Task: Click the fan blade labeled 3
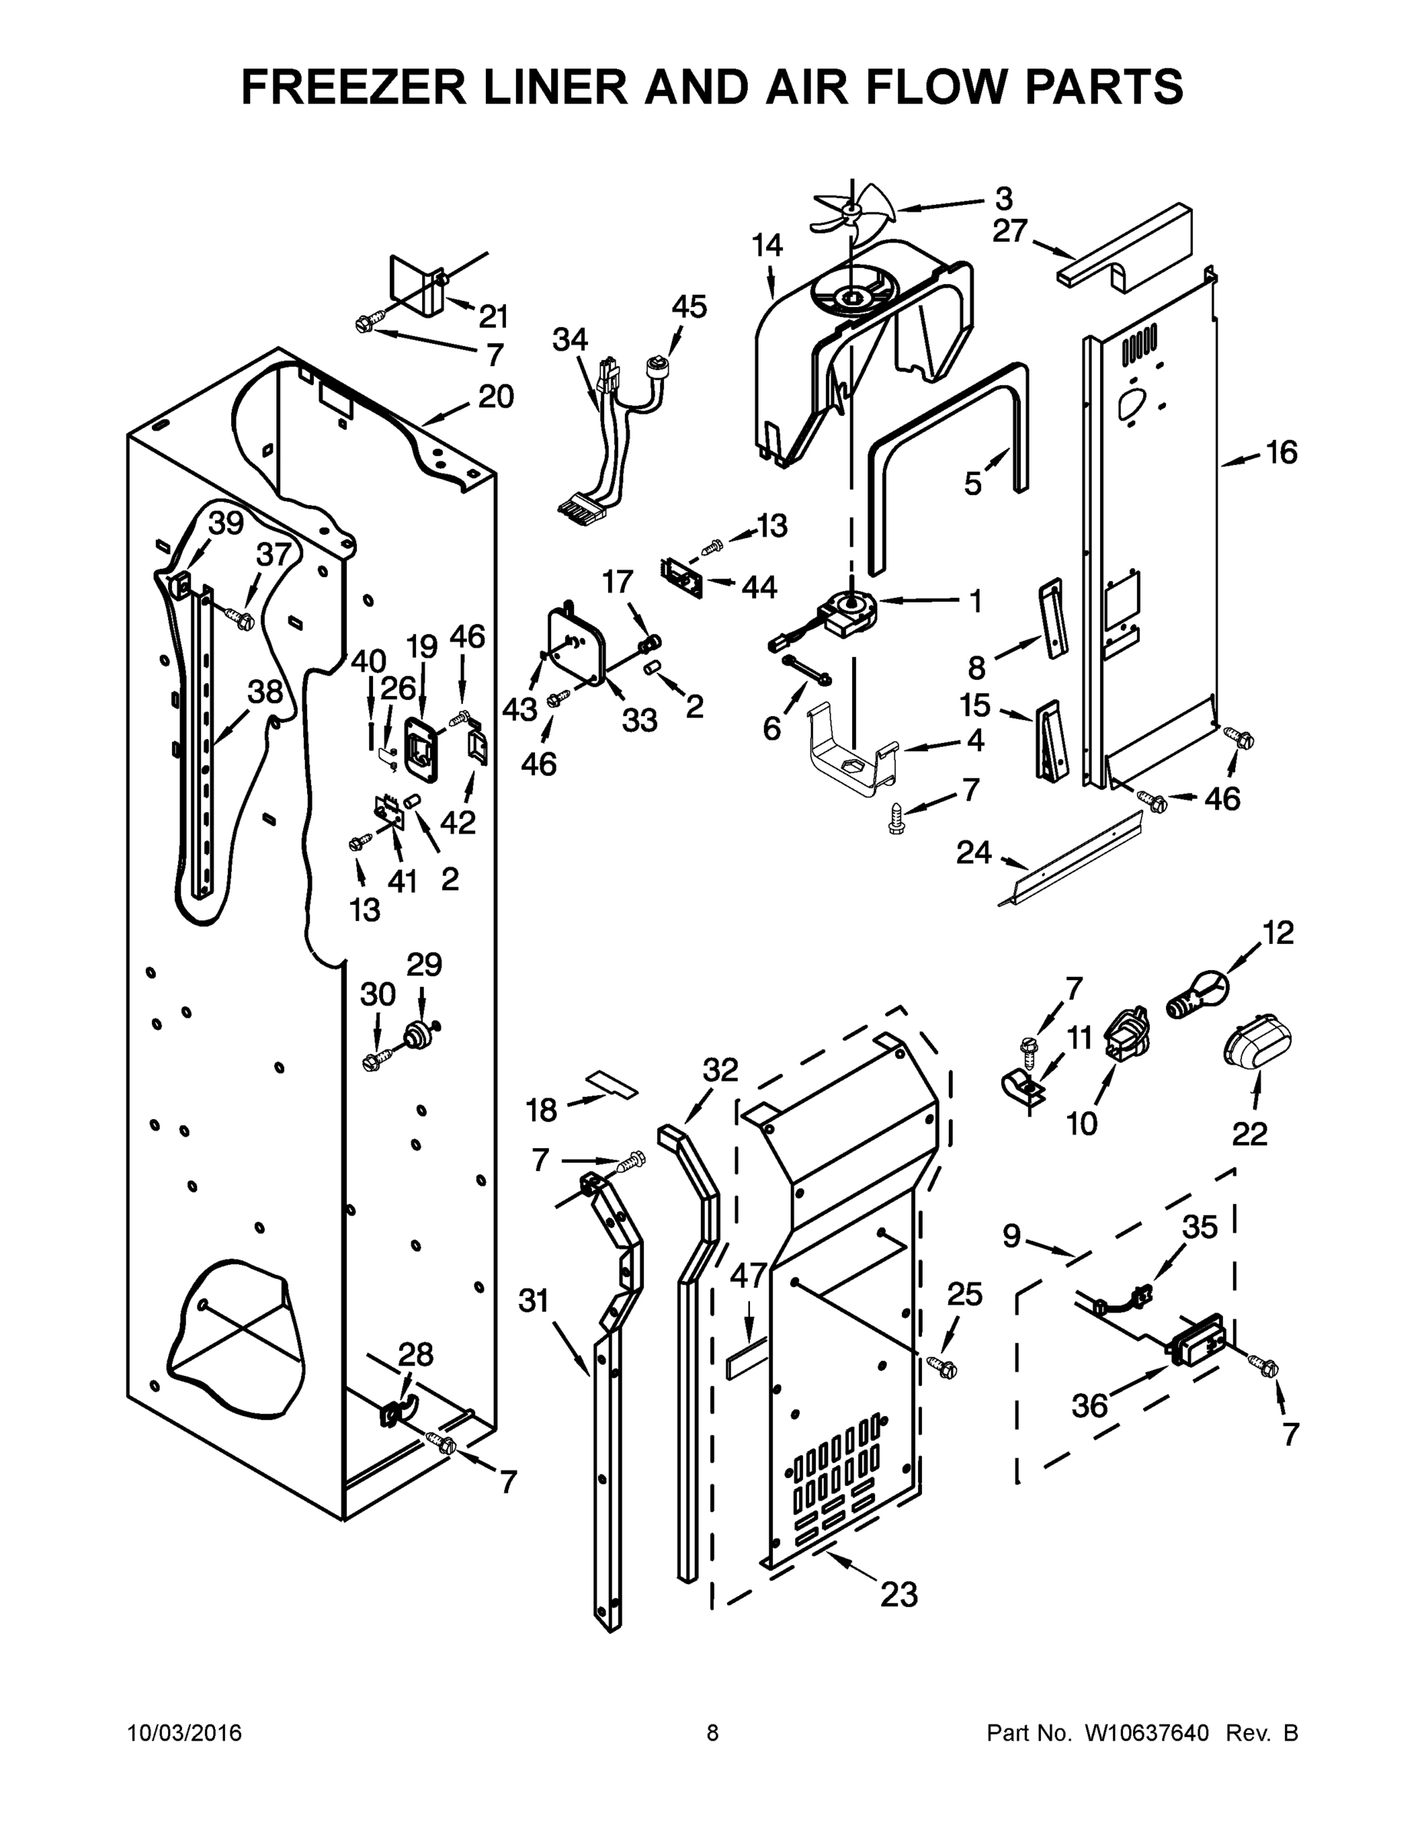[x=847, y=213]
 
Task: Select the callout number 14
[x=767, y=246]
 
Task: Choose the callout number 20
[x=496, y=396]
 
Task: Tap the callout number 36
[x=1090, y=1405]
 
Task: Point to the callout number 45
[x=689, y=306]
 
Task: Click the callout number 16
[x=1281, y=453]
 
